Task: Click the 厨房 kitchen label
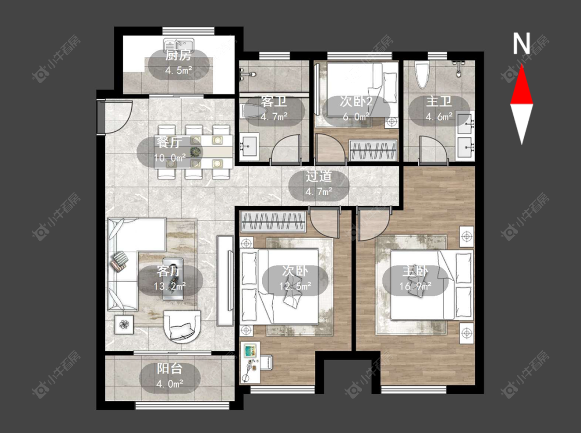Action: click(x=179, y=56)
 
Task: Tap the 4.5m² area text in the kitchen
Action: click(x=179, y=70)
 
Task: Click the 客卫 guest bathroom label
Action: click(x=274, y=102)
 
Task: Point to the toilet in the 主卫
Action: click(x=422, y=75)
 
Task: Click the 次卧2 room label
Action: click(x=356, y=102)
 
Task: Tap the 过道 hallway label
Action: click(x=319, y=177)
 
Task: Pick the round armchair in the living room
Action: click(x=182, y=326)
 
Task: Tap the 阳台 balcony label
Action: click(x=170, y=369)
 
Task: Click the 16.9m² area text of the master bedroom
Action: click(x=415, y=286)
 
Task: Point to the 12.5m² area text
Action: click(x=295, y=286)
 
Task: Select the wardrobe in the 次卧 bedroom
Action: click(x=273, y=221)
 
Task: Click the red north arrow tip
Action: click(x=522, y=65)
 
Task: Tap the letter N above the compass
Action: click(x=521, y=43)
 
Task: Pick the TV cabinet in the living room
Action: click(x=225, y=281)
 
